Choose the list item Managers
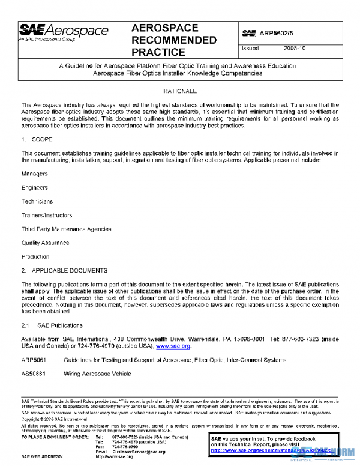(x=35, y=174)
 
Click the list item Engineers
(x=35, y=187)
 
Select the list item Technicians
(x=37, y=201)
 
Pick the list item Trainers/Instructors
(x=47, y=215)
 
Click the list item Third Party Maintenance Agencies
(x=66, y=229)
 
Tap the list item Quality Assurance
(x=45, y=243)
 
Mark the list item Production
(x=35, y=257)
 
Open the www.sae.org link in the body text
(x=173, y=346)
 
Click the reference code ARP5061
(x=34, y=360)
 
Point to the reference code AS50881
(x=34, y=374)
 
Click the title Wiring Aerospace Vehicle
(x=97, y=374)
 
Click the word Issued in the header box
(x=250, y=49)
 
